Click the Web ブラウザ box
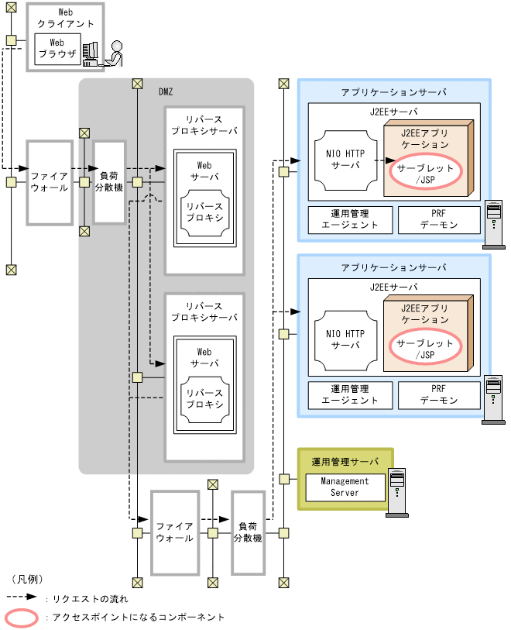(x=57, y=49)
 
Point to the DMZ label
(x=166, y=91)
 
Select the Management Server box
(x=345, y=487)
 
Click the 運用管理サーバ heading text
(x=345, y=461)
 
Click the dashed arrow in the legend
(x=22, y=597)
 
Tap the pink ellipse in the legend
(x=22, y=617)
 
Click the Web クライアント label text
(x=65, y=19)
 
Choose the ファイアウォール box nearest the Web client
(x=50, y=182)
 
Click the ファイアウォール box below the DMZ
(x=175, y=532)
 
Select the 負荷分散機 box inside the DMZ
(x=109, y=182)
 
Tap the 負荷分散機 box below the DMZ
(x=249, y=532)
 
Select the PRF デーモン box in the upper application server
(x=439, y=219)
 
